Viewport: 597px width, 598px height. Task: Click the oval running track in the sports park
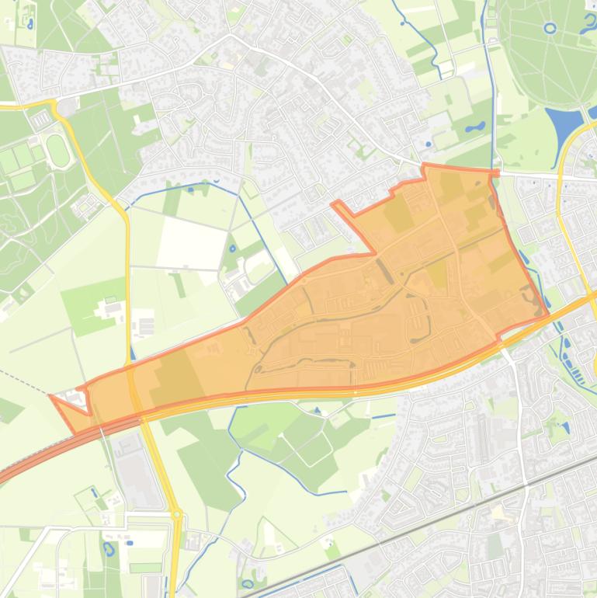[57, 150]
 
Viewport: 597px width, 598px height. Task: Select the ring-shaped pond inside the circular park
[550, 29]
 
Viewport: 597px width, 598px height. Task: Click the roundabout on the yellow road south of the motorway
[177, 513]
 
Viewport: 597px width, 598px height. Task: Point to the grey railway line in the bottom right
[435, 522]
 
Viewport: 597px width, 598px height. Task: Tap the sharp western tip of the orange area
[51, 396]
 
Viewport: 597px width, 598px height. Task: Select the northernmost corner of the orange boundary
[423, 165]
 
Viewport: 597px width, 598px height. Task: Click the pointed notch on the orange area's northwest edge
[335, 203]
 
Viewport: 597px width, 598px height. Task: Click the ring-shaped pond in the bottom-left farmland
[108, 549]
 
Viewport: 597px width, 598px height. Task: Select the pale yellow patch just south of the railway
[497, 512]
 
